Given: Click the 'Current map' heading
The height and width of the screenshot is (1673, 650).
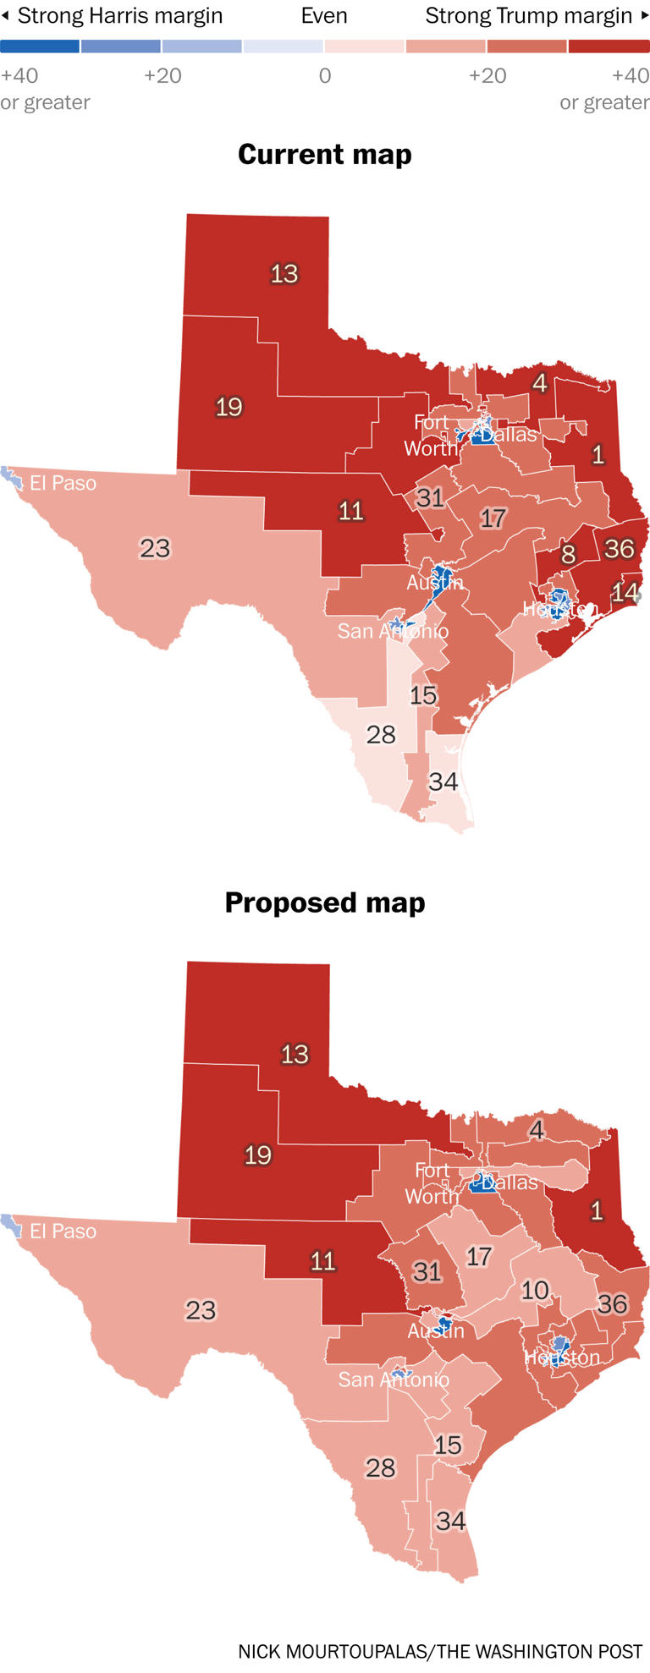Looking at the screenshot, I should [x=325, y=155].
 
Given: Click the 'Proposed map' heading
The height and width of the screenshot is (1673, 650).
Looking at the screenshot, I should [x=325, y=902].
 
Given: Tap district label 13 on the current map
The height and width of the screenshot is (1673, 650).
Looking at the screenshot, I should [x=284, y=274].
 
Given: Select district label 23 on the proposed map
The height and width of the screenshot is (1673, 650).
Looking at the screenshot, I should [x=201, y=1310].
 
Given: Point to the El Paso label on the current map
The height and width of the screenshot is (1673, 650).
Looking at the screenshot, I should [x=63, y=483].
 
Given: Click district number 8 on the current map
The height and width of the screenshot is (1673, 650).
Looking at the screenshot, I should [x=569, y=555].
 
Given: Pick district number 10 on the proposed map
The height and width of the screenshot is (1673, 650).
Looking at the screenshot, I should [x=535, y=1290].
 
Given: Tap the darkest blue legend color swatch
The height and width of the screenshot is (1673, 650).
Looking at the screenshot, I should [x=40, y=47].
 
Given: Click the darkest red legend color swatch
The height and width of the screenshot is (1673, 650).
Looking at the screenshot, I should [x=609, y=47].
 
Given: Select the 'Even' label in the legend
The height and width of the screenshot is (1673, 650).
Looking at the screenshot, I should [x=324, y=16].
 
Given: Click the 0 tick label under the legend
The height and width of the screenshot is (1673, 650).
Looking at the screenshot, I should [x=325, y=76].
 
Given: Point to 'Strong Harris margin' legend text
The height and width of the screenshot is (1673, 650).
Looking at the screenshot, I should [x=119, y=16].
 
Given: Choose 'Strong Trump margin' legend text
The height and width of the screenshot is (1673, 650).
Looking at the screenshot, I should [x=529, y=16].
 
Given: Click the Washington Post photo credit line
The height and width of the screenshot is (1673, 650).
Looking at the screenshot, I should [x=440, y=1651].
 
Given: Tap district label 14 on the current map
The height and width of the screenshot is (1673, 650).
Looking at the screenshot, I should [x=625, y=592].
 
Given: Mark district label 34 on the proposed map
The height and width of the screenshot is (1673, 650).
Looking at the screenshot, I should [x=450, y=1522].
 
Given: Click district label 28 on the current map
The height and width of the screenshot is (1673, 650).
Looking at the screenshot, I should [x=381, y=734].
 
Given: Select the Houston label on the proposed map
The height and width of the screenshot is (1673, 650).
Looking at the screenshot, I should [x=562, y=1358].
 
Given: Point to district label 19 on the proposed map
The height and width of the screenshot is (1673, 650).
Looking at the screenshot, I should [x=258, y=1155].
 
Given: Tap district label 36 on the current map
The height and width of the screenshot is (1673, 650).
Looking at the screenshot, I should [x=620, y=549].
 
